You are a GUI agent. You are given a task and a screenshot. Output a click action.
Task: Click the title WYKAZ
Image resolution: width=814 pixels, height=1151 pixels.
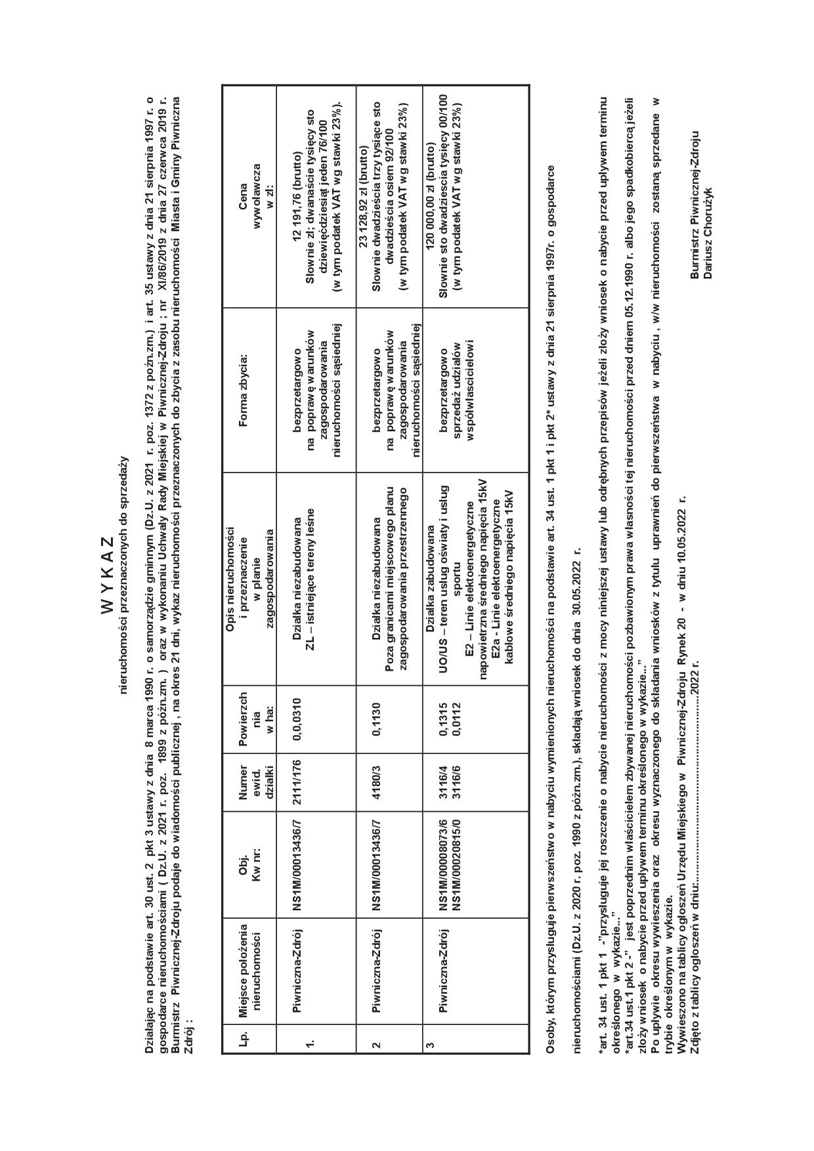click(108, 575)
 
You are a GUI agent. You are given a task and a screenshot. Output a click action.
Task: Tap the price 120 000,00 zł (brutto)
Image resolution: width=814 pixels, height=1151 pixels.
click(431, 196)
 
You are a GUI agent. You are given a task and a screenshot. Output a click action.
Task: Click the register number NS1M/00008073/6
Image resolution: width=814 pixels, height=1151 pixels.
click(444, 865)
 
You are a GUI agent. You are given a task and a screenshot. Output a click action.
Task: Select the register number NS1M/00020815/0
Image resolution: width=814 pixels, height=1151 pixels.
click(456, 865)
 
